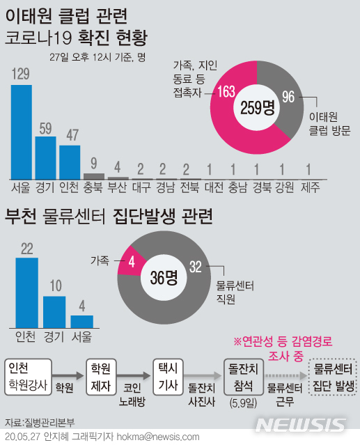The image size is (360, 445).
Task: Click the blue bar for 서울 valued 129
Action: pos(22,132)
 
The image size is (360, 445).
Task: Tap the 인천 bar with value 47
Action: pos(70,162)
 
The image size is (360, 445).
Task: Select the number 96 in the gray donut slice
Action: pos(289,97)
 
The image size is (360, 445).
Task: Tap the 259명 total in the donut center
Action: pos(258,107)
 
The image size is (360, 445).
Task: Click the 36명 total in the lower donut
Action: pos(164,276)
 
